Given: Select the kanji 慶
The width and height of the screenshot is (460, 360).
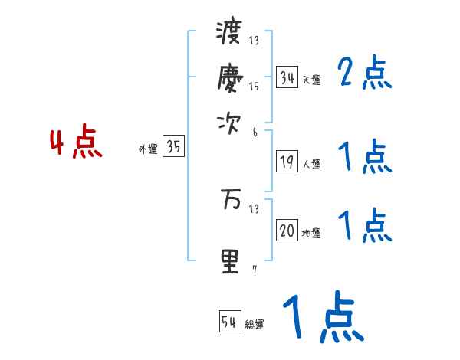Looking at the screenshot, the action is point(229,77).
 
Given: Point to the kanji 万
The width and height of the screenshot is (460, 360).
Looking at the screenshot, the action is point(229,200).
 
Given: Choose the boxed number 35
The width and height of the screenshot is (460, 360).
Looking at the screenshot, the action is point(174,148).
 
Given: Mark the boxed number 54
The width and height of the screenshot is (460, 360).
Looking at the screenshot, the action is point(229,322).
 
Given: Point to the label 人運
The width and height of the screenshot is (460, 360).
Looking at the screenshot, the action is point(312,164).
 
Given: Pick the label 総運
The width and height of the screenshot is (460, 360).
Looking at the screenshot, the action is point(255,325).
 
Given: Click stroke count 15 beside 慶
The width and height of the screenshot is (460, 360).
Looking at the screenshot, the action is point(254,87).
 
